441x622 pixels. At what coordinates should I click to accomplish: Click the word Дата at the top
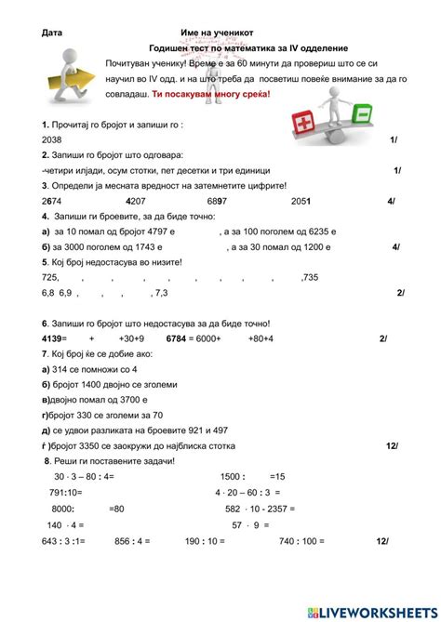52,32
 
